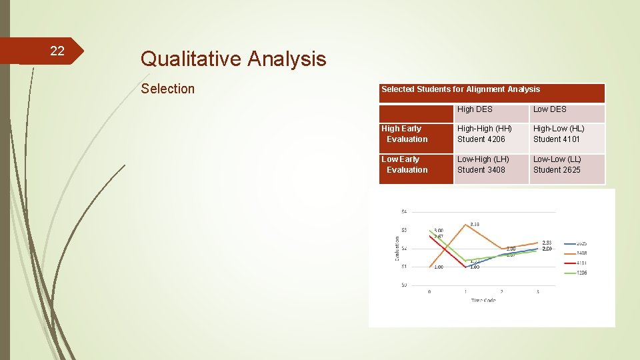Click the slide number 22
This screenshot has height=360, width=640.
(x=57, y=51)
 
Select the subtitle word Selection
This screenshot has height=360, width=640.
(x=168, y=89)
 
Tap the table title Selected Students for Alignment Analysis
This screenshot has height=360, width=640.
(x=461, y=89)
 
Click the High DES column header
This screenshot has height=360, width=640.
(x=475, y=109)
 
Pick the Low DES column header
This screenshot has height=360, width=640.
(x=549, y=109)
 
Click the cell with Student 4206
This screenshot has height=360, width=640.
(x=481, y=139)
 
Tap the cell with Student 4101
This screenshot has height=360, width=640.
(x=557, y=139)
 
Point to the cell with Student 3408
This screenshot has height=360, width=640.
(x=481, y=170)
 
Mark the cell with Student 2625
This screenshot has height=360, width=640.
(x=557, y=170)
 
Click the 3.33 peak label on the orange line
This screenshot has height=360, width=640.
(x=475, y=225)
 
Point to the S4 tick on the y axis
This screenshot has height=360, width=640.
(x=403, y=212)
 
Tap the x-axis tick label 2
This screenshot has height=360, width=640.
(x=501, y=291)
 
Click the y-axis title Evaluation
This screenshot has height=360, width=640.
(x=397, y=249)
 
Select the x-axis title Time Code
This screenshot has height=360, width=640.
(x=483, y=301)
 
